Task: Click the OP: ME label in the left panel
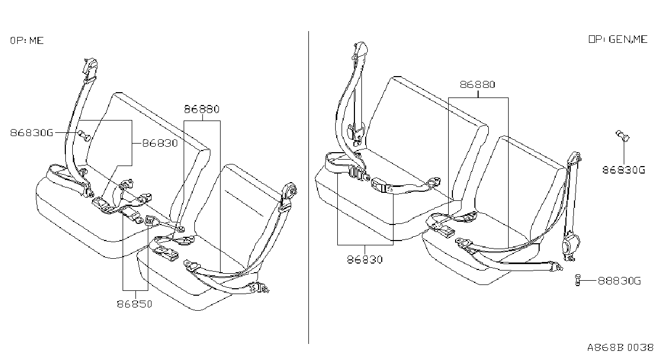(27, 40)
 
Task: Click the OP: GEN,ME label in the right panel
(618, 39)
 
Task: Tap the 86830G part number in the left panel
(32, 133)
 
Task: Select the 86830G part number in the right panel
(624, 170)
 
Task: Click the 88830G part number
(619, 281)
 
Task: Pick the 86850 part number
(134, 304)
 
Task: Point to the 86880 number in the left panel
(202, 109)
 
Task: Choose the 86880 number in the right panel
(478, 85)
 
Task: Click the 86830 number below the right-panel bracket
(365, 260)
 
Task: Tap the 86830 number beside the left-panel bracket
(160, 144)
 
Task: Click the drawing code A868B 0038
(621, 348)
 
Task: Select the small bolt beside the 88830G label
(578, 280)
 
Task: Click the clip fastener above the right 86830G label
(623, 136)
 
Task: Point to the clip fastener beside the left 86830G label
(84, 136)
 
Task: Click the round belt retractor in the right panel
(570, 244)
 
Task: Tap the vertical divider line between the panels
(308, 187)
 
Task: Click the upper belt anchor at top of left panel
(90, 67)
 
